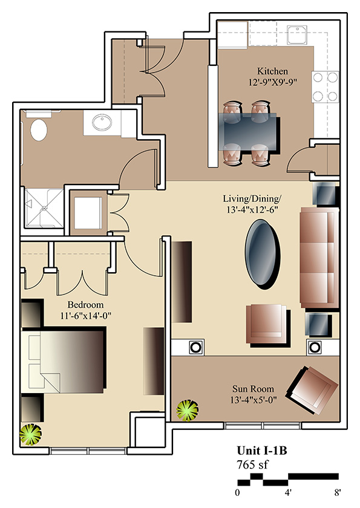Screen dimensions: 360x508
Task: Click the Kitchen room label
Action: coord(272,71)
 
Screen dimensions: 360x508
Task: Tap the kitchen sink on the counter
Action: coord(297,35)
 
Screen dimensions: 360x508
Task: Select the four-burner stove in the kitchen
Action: coord(325,87)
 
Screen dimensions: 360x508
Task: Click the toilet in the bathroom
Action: coord(39,129)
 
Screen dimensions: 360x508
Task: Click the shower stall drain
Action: coord(44,209)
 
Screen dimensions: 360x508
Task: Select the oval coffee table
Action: coord(262,255)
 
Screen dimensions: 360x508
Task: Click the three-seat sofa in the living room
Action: coord(319,258)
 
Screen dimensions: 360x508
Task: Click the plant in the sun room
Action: coord(187,410)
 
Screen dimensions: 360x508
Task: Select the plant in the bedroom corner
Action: coord(30,434)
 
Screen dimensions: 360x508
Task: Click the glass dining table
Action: coord(249,131)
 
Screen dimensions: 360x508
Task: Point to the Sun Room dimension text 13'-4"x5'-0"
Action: coord(254,400)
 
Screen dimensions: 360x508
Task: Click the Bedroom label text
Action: coord(85,305)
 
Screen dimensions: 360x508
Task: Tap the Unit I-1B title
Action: coord(262,451)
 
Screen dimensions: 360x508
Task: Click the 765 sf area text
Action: coord(252,464)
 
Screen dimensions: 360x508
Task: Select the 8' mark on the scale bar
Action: coord(338,493)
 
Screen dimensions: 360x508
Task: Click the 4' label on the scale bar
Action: coord(288,493)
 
